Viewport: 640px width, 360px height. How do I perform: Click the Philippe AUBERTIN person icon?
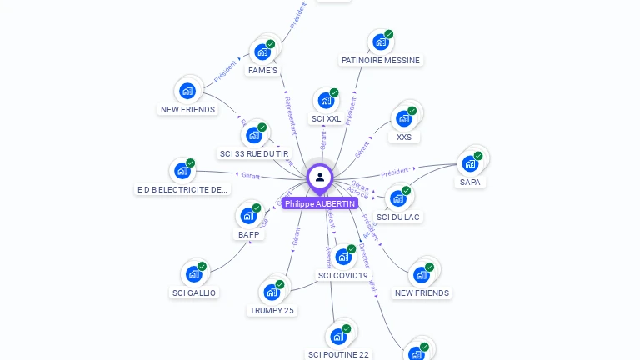pyautogui.click(x=320, y=177)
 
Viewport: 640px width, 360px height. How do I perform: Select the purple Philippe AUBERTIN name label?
pyautogui.click(x=320, y=203)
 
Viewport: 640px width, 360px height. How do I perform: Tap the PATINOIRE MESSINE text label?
pyautogui.click(x=381, y=60)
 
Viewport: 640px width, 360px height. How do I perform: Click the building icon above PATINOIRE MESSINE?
pyautogui.click(x=381, y=41)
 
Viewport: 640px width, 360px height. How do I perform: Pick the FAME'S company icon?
pyautogui.click(x=262, y=52)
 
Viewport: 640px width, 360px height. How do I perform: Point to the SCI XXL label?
pyautogui.click(x=326, y=119)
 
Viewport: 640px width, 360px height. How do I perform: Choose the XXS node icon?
pyautogui.click(x=404, y=118)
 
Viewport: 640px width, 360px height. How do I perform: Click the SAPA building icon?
pyautogui.click(x=470, y=163)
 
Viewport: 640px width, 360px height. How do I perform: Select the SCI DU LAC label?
pyautogui.click(x=398, y=217)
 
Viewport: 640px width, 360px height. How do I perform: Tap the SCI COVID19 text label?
pyautogui.click(x=343, y=275)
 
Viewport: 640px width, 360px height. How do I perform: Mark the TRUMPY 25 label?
pyautogui.click(x=272, y=311)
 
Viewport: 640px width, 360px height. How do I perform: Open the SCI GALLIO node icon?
pyautogui.click(x=194, y=273)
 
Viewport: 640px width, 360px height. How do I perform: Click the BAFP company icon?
pyautogui.click(x=248, y=216)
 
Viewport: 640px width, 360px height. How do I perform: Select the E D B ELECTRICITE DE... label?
pyautogui.click(x=182, y=189)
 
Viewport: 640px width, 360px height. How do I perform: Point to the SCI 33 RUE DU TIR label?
pyautogui.click(x=253, y=153)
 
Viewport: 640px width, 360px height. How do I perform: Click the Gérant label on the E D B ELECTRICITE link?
pyautogui.click(x=251, y=176)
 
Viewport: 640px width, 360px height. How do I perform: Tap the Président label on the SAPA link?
pyautogui.click(x=395, y=172)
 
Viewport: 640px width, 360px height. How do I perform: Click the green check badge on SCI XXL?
pyautogui.click(x=334, y=92)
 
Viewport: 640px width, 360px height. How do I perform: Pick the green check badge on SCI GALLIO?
pyautogui.click(x=202, y=267)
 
